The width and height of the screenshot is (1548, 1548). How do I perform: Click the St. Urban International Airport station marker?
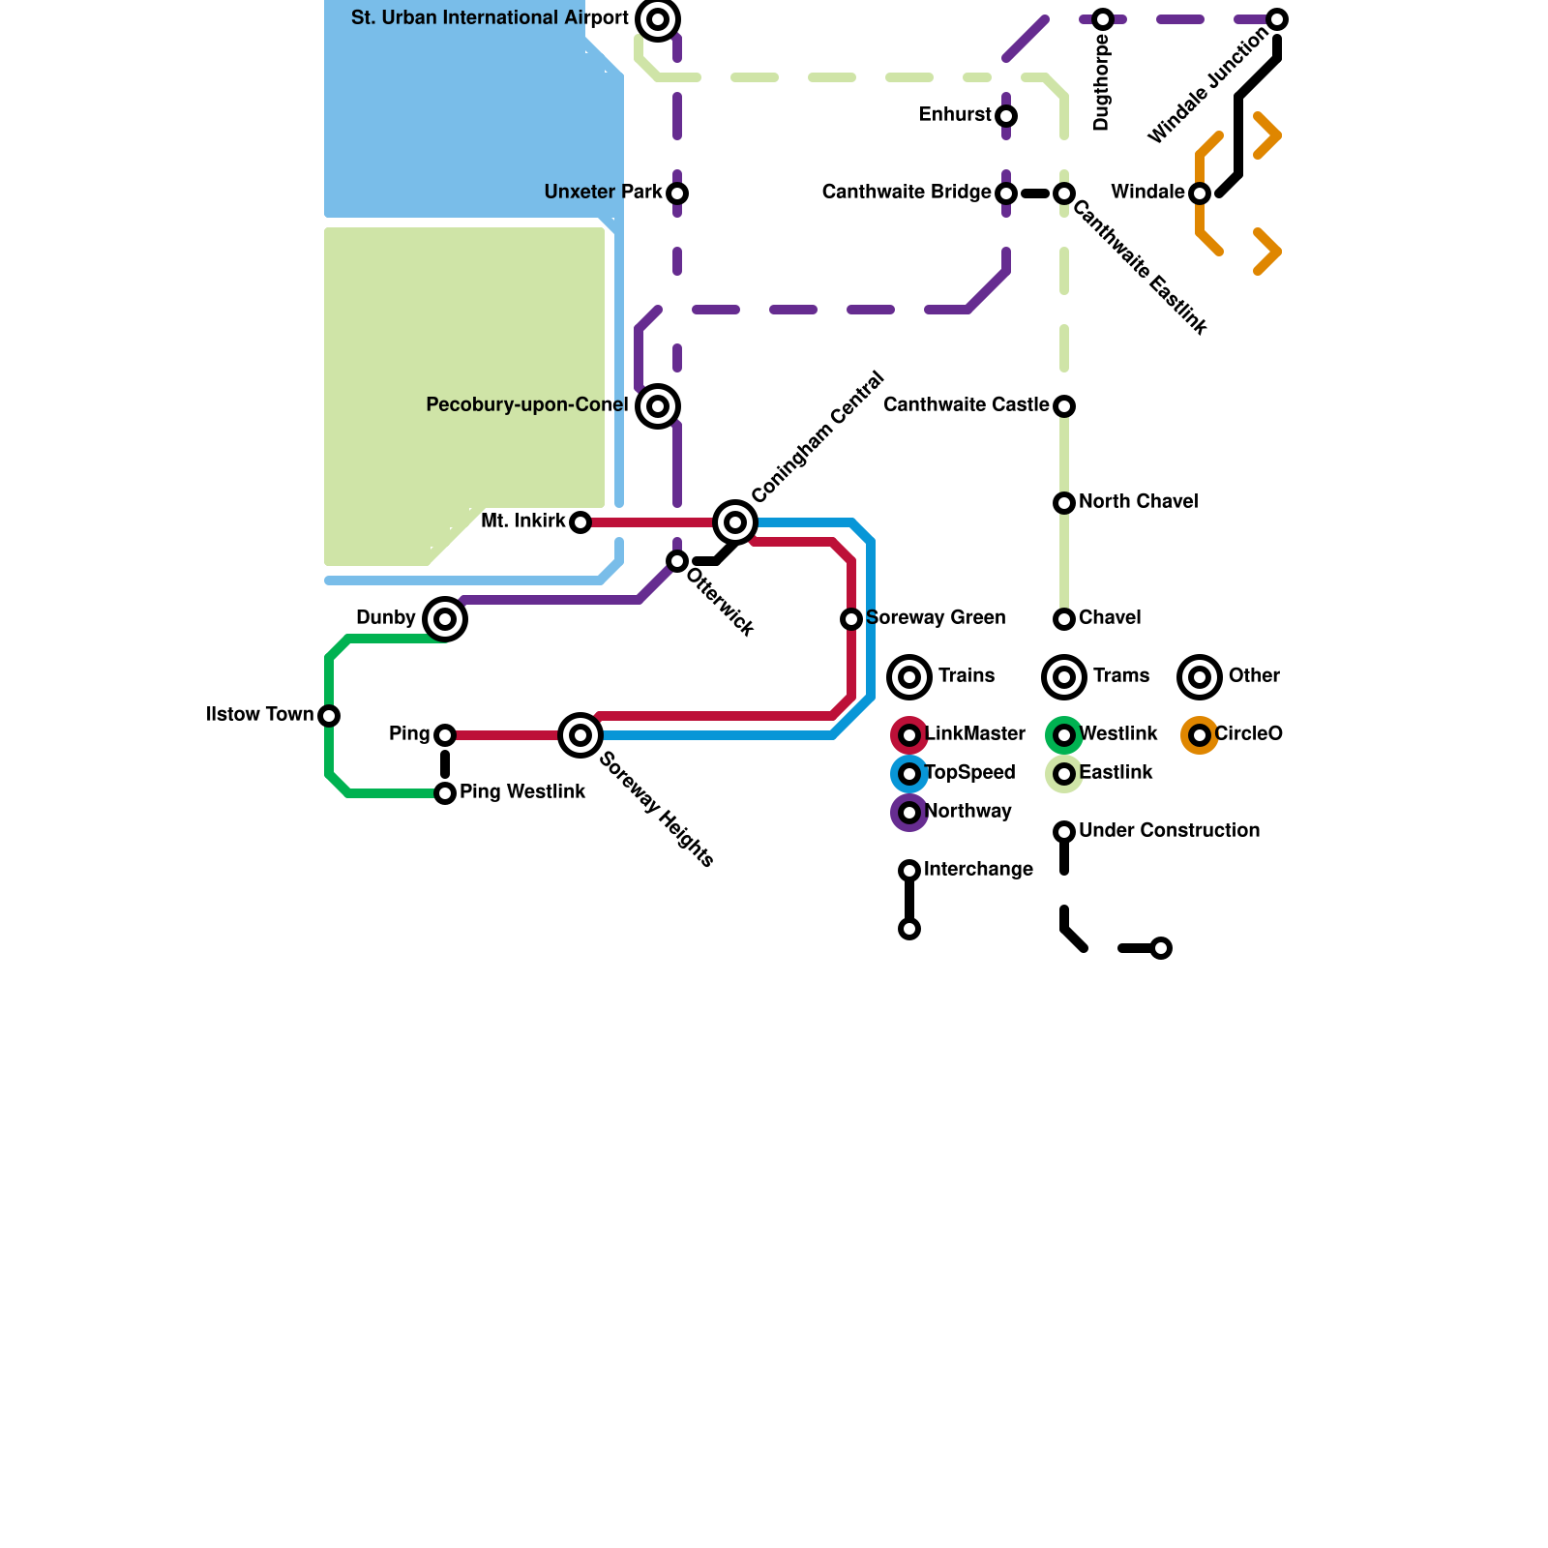tap(658, 19)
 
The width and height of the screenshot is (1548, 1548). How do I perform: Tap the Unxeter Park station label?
tap(603, 193)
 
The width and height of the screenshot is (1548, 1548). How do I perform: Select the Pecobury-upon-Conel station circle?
tap(658, 406)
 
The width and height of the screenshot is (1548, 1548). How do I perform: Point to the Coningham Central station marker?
tap(735, 522)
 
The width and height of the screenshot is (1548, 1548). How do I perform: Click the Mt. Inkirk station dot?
tap(580, 522)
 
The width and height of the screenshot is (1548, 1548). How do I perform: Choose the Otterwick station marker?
tap(677, 561)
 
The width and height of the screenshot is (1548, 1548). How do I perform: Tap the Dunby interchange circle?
tap(445, 619)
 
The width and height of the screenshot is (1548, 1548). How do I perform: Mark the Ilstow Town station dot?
tap(329, 716)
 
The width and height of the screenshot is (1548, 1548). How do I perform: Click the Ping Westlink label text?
tap(522, 792)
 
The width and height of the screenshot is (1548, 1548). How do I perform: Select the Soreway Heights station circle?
tap(580, 735)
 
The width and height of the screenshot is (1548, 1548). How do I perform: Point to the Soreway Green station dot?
tap(851, 619)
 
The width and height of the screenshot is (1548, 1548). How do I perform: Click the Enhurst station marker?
tap(1006, 116)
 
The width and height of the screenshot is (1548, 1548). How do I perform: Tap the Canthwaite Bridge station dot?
tap(1006, 193)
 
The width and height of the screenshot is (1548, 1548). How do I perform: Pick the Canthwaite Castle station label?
tap(966, 405)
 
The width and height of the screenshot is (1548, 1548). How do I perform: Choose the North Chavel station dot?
tap(1064, 503)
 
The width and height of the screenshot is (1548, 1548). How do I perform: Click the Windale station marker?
tap(1200, 193)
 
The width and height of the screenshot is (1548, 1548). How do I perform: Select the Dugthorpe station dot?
tap(1103, 19)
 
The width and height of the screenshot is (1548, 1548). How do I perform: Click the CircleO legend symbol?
tap(1200, 735)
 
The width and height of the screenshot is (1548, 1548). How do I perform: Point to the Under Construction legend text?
tap(1169, 831)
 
